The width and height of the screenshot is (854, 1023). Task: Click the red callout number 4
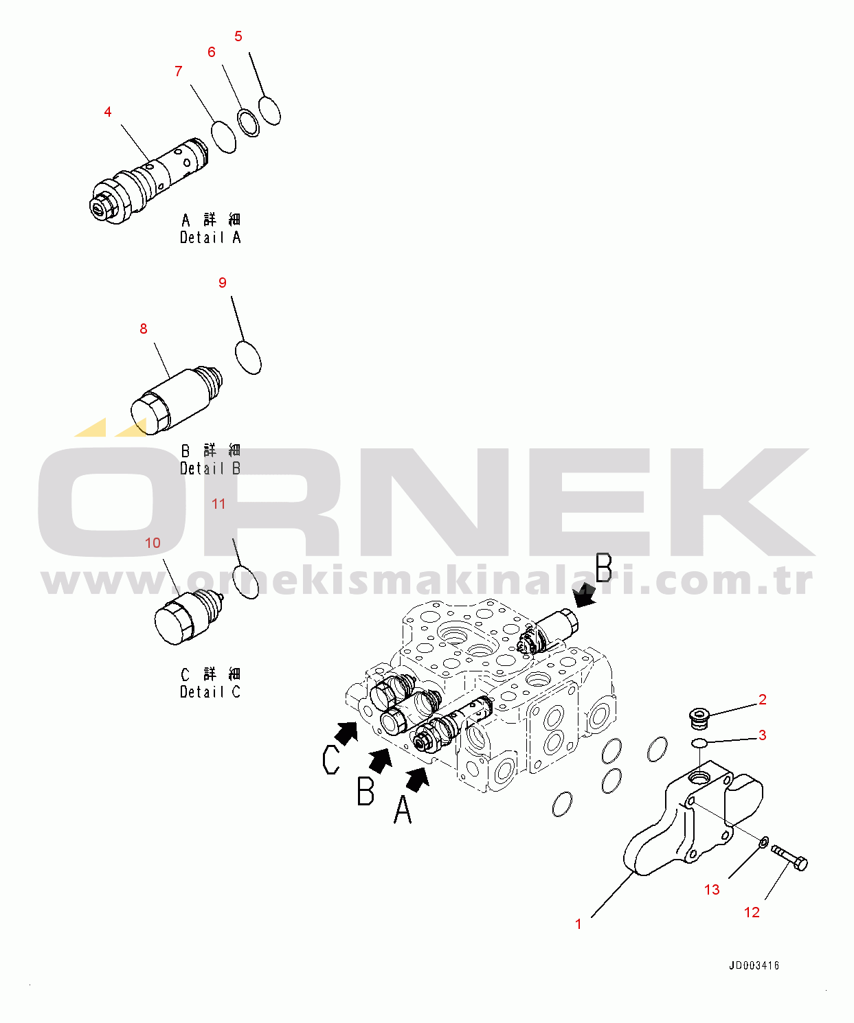[108, 112]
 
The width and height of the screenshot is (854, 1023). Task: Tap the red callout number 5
[238, 36]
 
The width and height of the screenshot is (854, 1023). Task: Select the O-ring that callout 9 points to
[248, 357]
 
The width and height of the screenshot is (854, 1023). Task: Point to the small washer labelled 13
[763, 841]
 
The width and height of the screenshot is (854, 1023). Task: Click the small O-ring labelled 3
[699, 743]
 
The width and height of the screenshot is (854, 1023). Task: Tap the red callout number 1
[578, 924]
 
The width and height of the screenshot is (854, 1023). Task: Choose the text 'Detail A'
[210, 238]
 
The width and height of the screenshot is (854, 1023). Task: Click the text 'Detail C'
[210, 692]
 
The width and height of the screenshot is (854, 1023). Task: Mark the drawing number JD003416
[754, 965]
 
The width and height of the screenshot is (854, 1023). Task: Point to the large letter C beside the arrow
[330, 760]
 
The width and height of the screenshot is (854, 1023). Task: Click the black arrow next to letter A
[418, 779]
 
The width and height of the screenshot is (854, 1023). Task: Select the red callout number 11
[218, 504]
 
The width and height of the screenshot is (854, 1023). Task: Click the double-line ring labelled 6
[248, 122]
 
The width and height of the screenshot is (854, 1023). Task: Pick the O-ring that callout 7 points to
[224, 137]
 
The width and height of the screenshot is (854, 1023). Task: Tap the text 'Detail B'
[210, 468]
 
